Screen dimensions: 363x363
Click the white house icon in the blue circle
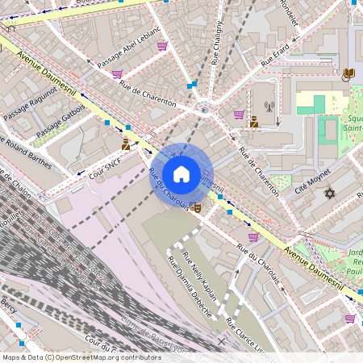181,174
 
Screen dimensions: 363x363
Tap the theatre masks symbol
197,208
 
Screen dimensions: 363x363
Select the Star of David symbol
328,193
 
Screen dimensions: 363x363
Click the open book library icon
348,74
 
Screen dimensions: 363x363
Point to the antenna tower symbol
269,106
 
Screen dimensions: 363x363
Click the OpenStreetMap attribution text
81,357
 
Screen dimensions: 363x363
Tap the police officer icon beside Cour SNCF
126,145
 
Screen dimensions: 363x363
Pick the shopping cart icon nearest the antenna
239,115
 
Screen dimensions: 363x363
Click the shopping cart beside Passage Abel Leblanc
162,45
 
